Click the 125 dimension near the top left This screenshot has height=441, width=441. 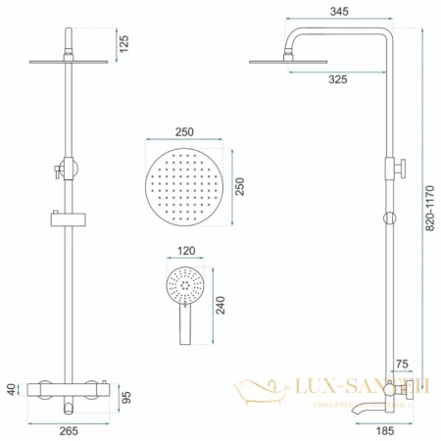pos(124,43)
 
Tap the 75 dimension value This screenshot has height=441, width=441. pos(402,365)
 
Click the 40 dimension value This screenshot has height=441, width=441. pos(10,389)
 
